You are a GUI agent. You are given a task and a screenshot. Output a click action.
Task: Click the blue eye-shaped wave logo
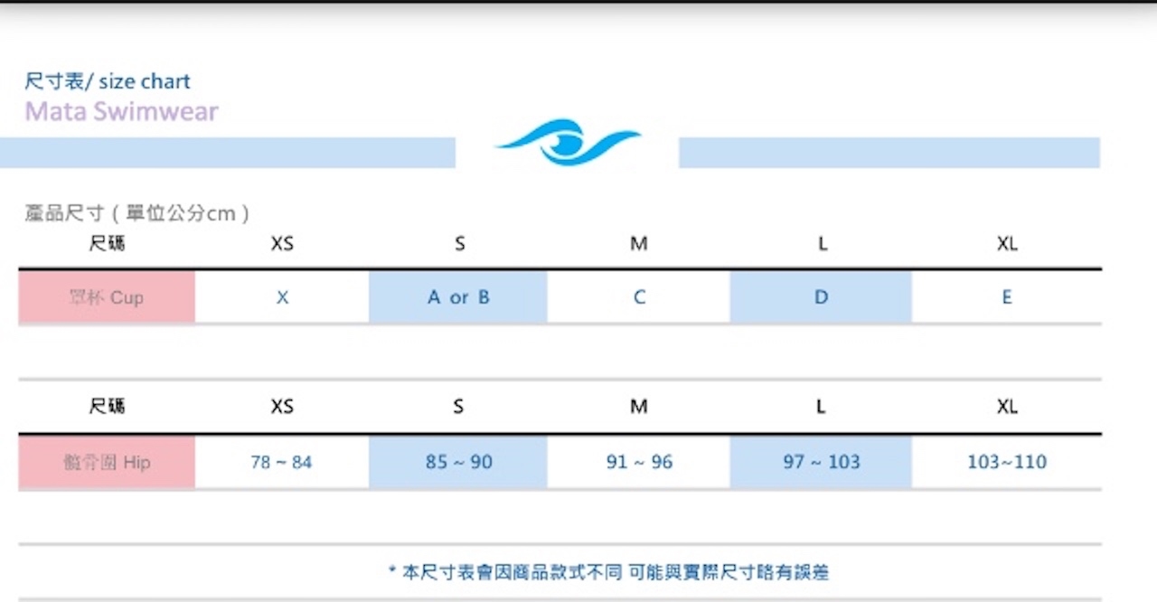[567, 143]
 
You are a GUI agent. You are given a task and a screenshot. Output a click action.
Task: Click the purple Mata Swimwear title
[121, 112]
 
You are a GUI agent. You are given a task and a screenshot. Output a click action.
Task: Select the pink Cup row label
[107, 297]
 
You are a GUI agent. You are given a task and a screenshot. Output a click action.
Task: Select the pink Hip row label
[107, 462]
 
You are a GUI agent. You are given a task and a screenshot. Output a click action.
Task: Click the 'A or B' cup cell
[458, 297]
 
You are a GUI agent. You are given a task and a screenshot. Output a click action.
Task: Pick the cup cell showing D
[821, 297]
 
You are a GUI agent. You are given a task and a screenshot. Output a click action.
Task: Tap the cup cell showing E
[1006, 297]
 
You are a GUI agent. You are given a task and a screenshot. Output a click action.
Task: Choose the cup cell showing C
[639, 297]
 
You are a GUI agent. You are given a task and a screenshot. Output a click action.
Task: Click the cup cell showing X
[282, 297]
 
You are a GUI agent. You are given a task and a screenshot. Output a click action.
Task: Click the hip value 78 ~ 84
[281, 462]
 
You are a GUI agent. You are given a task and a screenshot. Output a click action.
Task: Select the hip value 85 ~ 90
[458, 462]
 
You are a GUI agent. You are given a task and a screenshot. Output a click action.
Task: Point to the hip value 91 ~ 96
[639, 462]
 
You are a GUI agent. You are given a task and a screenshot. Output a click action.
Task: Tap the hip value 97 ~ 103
[821, 462]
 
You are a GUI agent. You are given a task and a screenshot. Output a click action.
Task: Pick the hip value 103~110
[1006, 462]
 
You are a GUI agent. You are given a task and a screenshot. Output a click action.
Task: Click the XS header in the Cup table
[282, 244]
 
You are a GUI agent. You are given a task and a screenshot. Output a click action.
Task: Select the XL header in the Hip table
[1006, 407]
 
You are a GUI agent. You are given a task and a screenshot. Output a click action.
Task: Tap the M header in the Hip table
[639, 407]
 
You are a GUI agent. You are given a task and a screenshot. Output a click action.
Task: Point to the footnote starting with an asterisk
[608, 572]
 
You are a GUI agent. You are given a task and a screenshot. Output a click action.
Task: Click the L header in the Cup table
[822, 244]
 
